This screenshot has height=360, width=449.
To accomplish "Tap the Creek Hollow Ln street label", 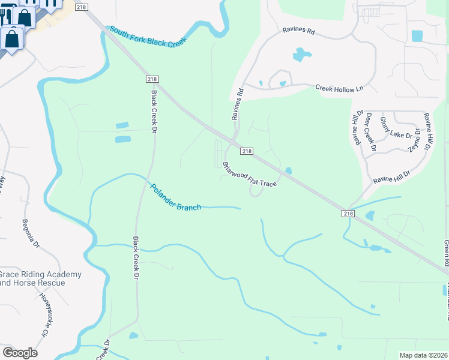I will tap(340, 88).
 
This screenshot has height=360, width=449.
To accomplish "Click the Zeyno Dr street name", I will tap(412, 139).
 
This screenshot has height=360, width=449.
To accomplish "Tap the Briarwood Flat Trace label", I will tap(249, 175).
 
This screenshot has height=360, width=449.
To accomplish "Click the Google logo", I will tap(20, 353).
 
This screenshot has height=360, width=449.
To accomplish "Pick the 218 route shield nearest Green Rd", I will tap(350, 214).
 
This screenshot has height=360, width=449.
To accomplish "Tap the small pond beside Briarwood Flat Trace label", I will tap(289, 171).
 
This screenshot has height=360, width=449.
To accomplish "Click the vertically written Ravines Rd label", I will tap(240, 103).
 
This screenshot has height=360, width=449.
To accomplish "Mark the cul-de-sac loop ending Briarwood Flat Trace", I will tap(255, 193).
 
